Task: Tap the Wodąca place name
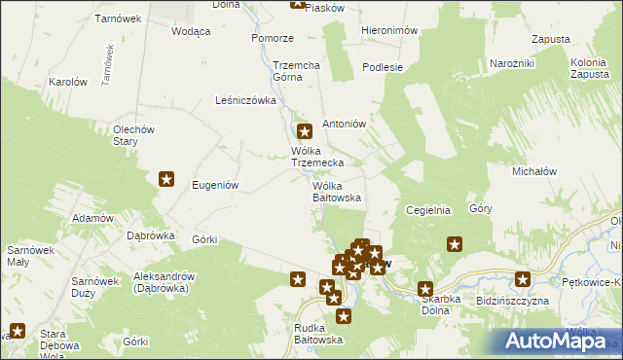click(x=191, y=31)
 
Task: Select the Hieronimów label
click(x=389, y=30)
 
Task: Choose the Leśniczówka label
click(x=245, y=100)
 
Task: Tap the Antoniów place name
click(x=343, y=124)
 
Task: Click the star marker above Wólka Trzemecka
click(x=304, y=131)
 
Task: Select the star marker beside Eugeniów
click(x=166, y=179)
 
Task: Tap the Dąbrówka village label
click(x=151, y=234)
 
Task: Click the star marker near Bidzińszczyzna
click(x=523, y=280)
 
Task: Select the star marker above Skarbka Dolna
click(x=425, y=289)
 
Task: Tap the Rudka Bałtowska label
click(x=319, y=334)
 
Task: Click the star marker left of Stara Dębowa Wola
click(x=17, y=331)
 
